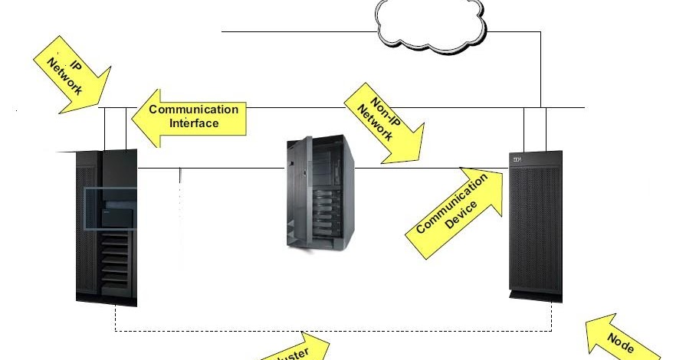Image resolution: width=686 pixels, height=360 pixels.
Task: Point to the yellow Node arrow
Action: [x=616, y=336]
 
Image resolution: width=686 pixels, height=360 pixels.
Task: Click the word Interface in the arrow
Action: [x=194, y=123]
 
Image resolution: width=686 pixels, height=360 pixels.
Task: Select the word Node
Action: [x=621, y=343]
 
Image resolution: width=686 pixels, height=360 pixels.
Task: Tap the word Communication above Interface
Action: [x=194, y=110]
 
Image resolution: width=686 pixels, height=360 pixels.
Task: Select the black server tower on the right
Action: [x=535, y=226]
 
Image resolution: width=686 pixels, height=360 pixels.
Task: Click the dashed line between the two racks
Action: [x=333, y=330]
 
